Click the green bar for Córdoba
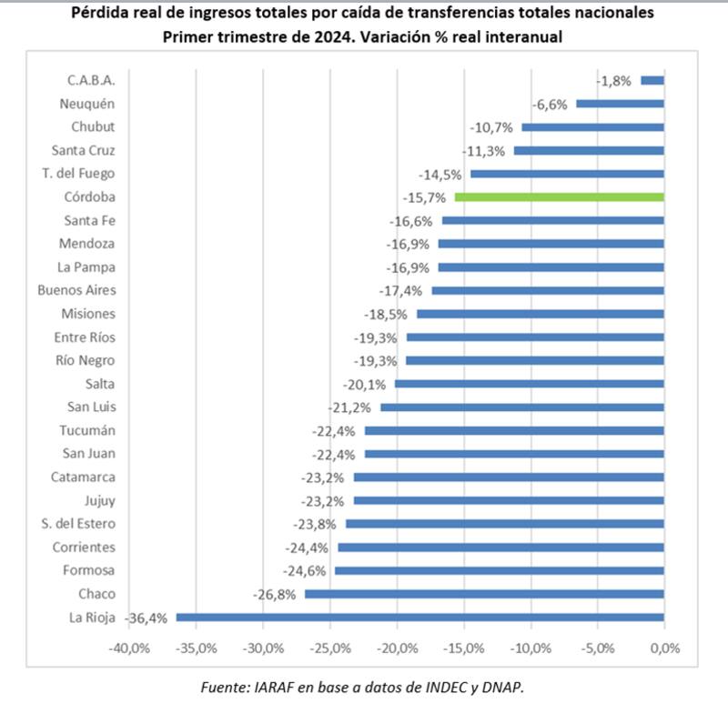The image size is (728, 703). point(559,196)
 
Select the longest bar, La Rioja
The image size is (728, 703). point(420,617)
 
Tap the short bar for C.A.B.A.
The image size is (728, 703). point(652,80)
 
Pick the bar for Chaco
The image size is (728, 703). point(484,593)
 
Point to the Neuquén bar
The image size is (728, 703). point(620,104)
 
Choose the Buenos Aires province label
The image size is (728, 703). point(76,290)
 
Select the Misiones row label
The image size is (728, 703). point(88,314)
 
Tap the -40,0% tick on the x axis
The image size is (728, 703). point(128,648)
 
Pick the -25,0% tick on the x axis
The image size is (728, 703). point(329,648)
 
